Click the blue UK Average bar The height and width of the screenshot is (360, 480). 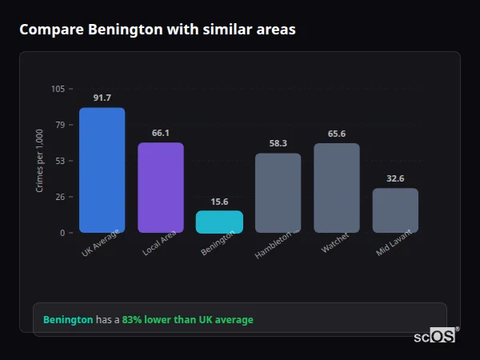point(102,170)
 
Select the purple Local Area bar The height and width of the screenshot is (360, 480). point(160,187)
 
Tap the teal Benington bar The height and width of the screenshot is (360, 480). point(219,222)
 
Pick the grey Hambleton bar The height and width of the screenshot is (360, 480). point(278,193)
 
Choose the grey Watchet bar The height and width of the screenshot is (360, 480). point(337,188)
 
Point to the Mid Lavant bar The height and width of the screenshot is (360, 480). point(395,210)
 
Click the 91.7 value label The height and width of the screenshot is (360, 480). point(102,98)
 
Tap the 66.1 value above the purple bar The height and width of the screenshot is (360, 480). point(160,133)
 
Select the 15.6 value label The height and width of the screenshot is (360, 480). point(219,202)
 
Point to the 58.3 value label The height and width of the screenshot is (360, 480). point(278,143)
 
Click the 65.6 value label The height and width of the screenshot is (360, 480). point(337,134)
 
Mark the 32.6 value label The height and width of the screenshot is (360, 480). point(395,178)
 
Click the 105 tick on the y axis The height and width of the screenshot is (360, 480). point(58,89)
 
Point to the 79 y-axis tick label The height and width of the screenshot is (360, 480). point(60,125)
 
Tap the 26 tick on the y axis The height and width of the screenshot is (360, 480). point(60,197)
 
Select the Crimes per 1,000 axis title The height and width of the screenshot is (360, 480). point(40,161)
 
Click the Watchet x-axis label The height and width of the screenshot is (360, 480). point(335,244)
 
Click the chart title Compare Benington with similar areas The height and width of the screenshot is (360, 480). point(158,30)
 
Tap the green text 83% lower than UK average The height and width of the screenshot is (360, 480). point(187,320)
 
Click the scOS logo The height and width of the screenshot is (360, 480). point(435,337)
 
